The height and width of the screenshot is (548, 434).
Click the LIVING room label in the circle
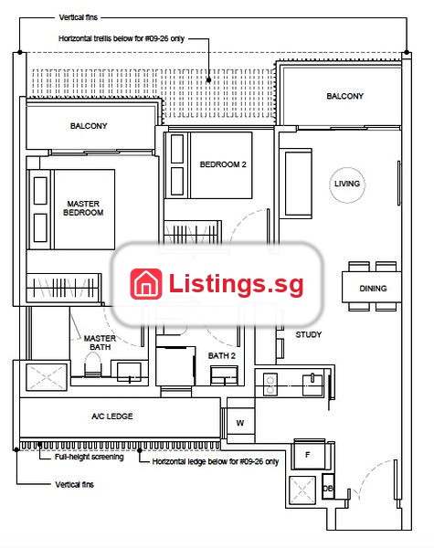(347, 184)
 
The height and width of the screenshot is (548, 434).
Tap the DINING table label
(373, 289)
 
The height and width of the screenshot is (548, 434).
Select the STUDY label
(309, 335)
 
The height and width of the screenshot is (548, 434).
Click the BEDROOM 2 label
(223, 164)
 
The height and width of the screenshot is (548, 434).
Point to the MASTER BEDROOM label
(83, 208)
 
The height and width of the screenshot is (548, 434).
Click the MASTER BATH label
(100, 342)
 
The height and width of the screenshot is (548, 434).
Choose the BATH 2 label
(222, 356)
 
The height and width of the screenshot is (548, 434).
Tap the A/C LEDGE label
(112, 416)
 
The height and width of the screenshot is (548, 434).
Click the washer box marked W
(240, 423)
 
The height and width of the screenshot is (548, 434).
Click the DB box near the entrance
(328, 487)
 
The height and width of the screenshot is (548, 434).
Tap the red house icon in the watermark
(146, 284)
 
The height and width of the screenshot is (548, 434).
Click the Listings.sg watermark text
(236, 284)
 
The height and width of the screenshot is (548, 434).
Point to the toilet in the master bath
(92, 364)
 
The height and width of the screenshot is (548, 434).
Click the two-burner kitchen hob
(270, 385)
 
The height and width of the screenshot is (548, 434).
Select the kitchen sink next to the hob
(312, 385)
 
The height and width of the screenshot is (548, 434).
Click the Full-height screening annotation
(90, 457)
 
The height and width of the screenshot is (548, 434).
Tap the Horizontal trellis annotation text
(122, 38)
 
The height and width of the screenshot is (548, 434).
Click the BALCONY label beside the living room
(344, 96)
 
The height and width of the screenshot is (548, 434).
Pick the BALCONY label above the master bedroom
(89, 126)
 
